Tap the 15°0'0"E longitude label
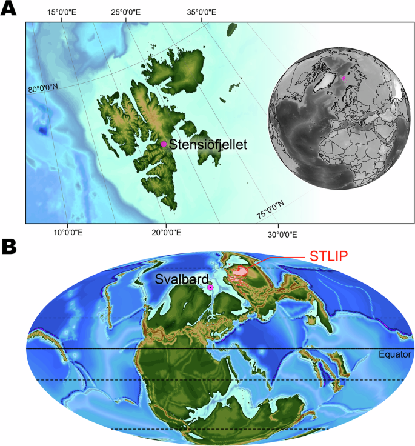(62, 12)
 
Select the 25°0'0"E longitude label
(127, 12)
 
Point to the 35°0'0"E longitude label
(201, 12)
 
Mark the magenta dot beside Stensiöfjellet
(164, 144)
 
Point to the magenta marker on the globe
(344, 78)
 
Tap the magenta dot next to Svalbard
(210, 287)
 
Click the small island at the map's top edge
(231, 28)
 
